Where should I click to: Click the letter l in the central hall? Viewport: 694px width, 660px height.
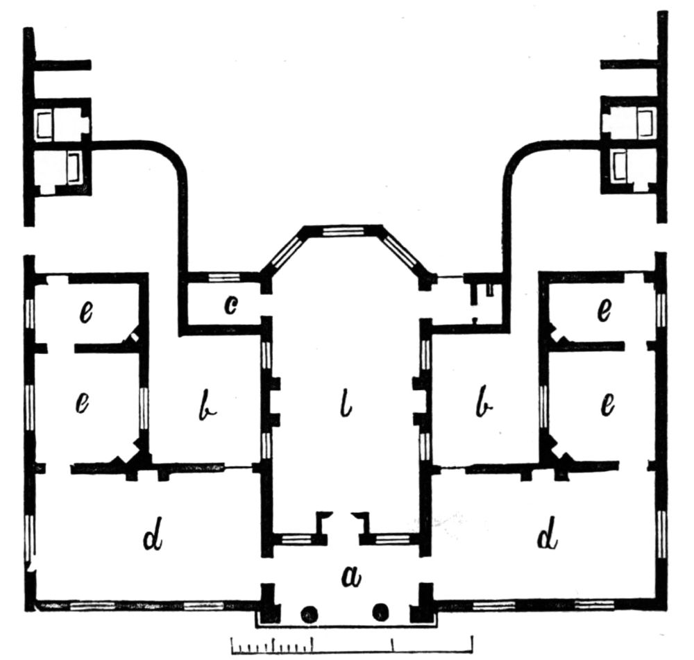(x=346, y=405)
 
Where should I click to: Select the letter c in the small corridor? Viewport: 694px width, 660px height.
(x=230, y=305)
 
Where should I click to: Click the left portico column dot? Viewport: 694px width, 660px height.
(x=309, y=614)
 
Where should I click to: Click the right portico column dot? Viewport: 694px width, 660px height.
(x=380, y=612)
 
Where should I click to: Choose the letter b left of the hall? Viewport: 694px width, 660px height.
(x=206, y=405)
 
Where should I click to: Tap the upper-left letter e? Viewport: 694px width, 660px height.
(x=86, y=313)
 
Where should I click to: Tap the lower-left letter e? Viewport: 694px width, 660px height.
(x=83, y=404)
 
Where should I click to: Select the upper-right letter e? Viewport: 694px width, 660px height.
(x=604, y=310)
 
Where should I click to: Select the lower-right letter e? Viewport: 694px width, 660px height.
(x=608, y=405)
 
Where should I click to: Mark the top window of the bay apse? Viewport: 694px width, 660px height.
(x=344, y=231)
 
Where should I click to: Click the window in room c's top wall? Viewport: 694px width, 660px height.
(x=224, y=277)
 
